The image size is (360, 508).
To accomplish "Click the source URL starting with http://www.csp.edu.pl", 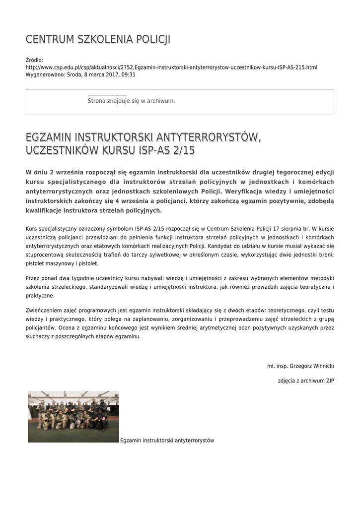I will pos(171,67).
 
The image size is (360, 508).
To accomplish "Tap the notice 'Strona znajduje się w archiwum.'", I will pos(131,101).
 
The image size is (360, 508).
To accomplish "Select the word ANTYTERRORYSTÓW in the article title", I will pos(209,136).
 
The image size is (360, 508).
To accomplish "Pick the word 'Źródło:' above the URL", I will pos(34,60).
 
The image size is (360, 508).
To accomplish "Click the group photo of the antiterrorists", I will pos(73,417).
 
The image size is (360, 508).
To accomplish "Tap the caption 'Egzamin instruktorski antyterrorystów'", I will pos(167,440).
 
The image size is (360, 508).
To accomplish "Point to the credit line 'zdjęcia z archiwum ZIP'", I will pos(306,381).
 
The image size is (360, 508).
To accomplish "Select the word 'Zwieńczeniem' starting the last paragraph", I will pos(43,308).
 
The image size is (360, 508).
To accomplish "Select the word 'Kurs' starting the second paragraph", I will pos(31,229).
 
